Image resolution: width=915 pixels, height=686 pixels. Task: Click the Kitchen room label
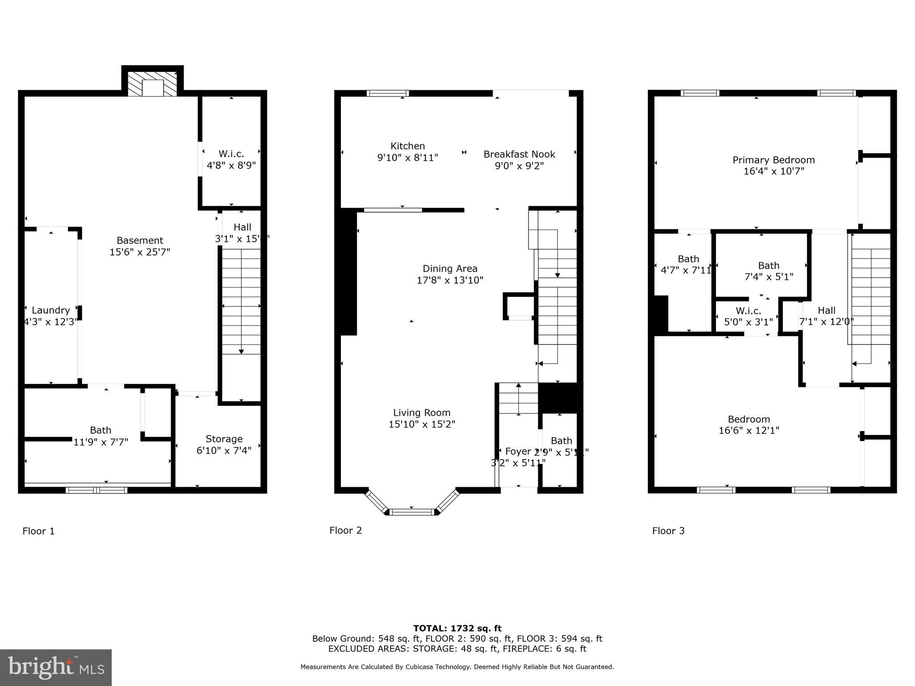click(407, 146)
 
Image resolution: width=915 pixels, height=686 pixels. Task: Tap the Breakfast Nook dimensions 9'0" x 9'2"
click(519, 166)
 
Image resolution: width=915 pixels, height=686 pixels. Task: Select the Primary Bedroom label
click(773, 160)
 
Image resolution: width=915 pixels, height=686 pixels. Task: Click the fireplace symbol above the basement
click(153, 83)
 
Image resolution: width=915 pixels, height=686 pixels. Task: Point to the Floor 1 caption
click(38, 531)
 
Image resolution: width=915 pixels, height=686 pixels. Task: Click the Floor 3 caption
click(668, 531)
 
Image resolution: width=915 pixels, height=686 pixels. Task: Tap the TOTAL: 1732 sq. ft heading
click(457, 628)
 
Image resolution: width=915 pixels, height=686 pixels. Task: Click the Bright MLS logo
click(56, 667)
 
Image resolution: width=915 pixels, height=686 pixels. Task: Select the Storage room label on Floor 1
click(224, 439)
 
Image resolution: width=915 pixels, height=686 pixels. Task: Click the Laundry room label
click(51, 310)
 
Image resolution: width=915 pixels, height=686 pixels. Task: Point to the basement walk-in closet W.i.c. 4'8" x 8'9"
click(231, 159)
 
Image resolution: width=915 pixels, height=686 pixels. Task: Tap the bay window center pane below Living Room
click(411, 512)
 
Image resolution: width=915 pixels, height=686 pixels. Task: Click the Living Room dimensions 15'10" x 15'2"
click(422, 424)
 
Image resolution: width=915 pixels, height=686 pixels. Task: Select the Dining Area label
click(450, 269)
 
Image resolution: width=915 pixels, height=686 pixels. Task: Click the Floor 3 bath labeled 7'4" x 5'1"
click(768, 271)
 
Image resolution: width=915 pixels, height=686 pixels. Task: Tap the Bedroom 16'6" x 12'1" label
click(749, 425)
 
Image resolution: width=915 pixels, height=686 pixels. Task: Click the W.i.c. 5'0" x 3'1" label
click(748, 316)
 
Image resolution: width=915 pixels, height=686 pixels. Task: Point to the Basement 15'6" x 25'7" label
click(140, 246)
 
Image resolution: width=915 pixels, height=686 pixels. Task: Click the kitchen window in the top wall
click(387, 93)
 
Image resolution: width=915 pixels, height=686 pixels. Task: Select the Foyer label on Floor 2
click(518, 452)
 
